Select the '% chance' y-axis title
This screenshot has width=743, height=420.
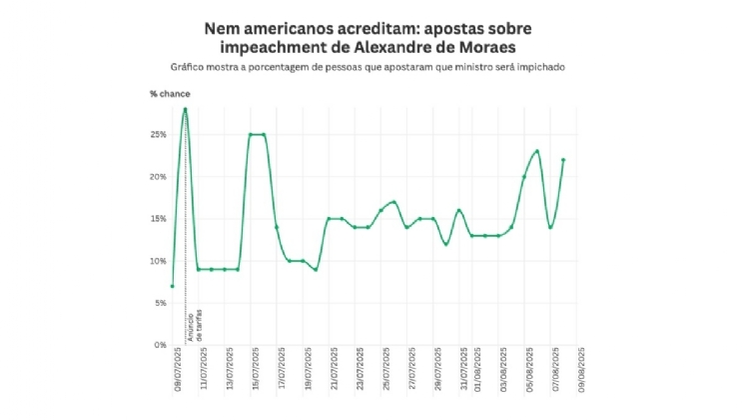click(x=170, y=94)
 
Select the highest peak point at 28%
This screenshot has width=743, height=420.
click(x=185, y=109)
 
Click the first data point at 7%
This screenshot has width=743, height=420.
click(x=172, y=286)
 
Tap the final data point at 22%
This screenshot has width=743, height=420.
click(x=563, y=159)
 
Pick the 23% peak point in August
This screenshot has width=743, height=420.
click(x=537, y=151)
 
